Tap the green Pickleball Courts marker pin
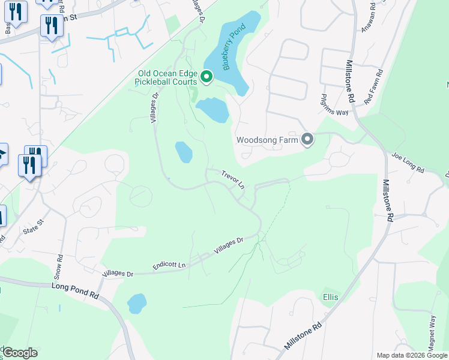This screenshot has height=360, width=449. pos(206,76)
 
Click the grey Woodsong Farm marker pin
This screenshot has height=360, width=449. pos(307,140)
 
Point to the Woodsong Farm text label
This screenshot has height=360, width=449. pos(267,140)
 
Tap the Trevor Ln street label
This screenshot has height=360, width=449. pos(233,179)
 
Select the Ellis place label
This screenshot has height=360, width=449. pos(330,297)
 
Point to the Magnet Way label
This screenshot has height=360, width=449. pos(432,329)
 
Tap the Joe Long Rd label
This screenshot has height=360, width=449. pos(408,163)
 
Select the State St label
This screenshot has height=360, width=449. pos(34,227)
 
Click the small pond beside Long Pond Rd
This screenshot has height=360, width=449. pos(137,304)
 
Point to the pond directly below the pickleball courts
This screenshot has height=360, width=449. pos(212,110)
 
